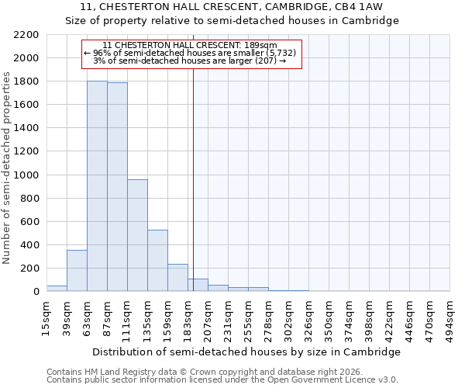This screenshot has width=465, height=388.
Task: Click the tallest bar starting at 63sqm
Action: point(97,186)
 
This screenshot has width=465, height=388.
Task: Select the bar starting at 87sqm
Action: point(117,187)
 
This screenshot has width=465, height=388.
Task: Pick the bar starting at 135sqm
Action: point(157,261)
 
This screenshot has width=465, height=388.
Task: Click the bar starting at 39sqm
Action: point(77,271)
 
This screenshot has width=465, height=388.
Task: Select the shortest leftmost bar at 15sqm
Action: point(57,289)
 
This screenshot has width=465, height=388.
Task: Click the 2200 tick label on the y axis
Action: point(27,35)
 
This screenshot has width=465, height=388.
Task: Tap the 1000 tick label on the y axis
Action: point(27,175)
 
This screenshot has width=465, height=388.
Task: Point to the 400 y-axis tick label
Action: point(29,245)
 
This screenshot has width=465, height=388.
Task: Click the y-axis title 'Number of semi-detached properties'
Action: point(8,168)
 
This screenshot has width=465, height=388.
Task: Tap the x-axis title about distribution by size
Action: point(247,352)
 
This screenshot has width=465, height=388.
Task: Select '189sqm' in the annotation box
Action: point(261,46)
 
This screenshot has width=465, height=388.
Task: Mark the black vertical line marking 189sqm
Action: point(193,194)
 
